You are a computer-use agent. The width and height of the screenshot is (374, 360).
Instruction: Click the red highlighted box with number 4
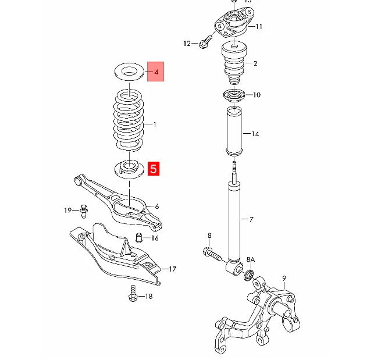coord(156,72)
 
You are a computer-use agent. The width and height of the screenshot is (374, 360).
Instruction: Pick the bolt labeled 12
coord(204,42)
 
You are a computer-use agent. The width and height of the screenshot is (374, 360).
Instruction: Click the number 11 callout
coord(259,26)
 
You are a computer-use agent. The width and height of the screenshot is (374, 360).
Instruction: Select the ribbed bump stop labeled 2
coord(233,63)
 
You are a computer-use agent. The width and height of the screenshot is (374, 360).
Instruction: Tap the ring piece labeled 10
coord(233,94)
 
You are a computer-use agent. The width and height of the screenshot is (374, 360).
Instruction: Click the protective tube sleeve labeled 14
coord(233,133)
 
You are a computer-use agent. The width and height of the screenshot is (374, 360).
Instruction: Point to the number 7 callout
coord(251,219)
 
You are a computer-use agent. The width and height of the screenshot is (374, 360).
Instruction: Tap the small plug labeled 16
coord(139,237)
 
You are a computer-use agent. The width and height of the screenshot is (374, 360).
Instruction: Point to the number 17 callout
coord(172,269)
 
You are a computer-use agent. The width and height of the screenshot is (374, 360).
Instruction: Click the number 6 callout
coord(156,206)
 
